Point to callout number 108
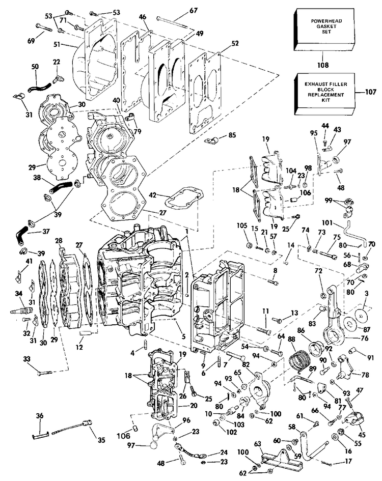pos(322,65)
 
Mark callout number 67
pos(179,10)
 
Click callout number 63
pos(258,444)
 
